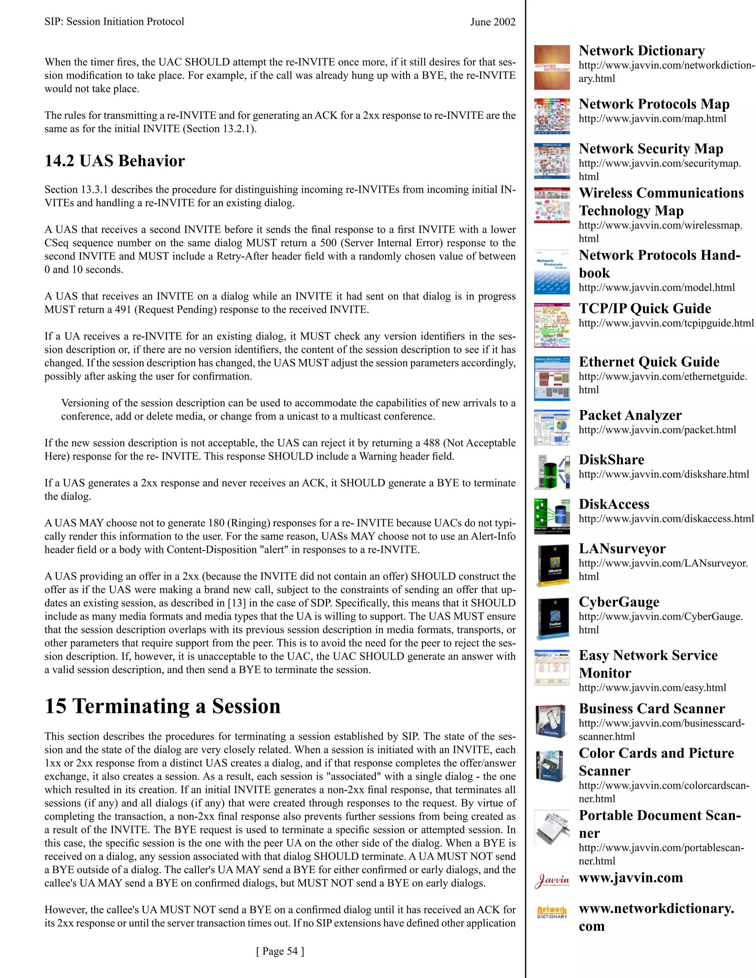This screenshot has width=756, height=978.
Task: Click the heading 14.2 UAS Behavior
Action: click(x=115, y=161)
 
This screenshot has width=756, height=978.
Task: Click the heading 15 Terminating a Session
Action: click(x=162, y=706)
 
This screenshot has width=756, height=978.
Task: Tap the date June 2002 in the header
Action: click(x=493, y=22)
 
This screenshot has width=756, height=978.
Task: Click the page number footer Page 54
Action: click(x=280, y=951)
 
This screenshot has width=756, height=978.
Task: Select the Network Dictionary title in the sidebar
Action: click(x=641, y=51)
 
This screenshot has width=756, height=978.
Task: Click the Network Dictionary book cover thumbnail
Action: click(x=552, y=68)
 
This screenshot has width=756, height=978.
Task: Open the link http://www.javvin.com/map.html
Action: click(x=652, y=119)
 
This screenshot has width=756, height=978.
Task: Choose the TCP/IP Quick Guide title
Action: click(x=645, y=309)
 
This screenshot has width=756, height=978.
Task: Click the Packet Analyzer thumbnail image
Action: click(x=552, y=427)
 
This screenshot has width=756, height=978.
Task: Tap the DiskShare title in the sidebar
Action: click(x=611, y=460)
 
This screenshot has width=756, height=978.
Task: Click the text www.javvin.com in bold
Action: click(x=630, y=878)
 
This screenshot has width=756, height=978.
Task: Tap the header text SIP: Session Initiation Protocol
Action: click(x=114, y=22)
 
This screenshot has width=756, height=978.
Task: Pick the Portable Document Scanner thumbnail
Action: click(x=552, y=827)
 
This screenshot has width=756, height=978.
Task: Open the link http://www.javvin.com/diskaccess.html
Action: click(x=666, y=519)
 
